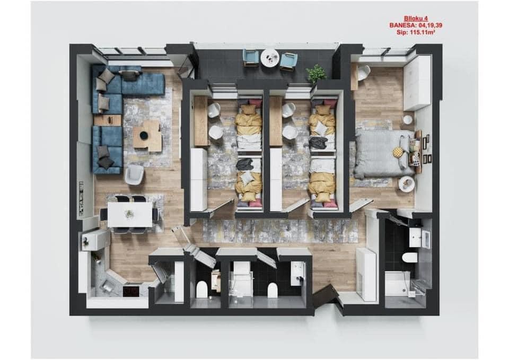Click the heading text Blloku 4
click(416, 19)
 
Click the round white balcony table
click(270, 58)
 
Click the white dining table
click(130, 214)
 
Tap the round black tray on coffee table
click(143, 134)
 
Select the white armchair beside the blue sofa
click(134, 174)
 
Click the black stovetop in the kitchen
click(131, 291)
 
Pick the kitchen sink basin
click(107, 286)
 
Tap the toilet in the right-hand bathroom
click(410, 258)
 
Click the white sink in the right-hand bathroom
click(419, 237)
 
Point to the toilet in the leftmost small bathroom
click(202, 289)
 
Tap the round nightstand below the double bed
click(406, 183)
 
